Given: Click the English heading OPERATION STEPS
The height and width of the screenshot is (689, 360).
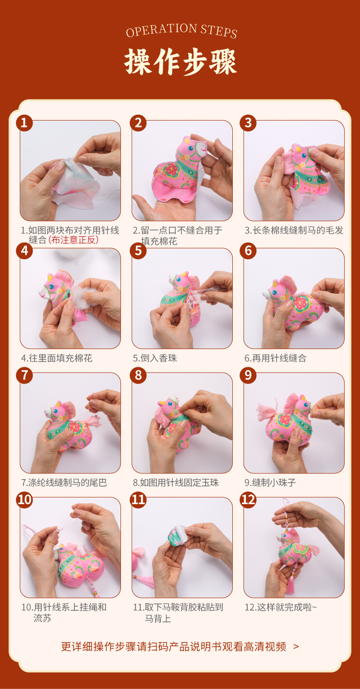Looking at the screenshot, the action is [181, 31].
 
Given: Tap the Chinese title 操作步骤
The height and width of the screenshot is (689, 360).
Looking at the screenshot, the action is [180, 62].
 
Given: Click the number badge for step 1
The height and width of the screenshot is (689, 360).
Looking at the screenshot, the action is [24, 123].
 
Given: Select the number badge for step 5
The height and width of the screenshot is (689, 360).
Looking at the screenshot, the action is [138, 251].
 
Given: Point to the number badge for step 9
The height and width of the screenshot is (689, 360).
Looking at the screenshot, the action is [248, 375].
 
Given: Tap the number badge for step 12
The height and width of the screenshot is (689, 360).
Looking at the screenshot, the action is [248, 500].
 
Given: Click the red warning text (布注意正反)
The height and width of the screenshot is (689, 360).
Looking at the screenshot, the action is [73, 240].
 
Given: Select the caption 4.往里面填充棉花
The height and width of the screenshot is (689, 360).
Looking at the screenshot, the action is [57, 358].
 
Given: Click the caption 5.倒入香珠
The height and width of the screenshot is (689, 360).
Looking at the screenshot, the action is [155, 358].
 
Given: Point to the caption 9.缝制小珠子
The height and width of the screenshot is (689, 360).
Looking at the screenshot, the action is [270, 482].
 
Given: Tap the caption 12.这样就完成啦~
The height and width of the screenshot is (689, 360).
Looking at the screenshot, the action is [280, 607].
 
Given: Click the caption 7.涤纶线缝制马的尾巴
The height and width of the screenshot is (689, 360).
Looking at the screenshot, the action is [64, 482].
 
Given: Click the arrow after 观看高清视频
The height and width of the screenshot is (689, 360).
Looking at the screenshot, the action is [296, 647].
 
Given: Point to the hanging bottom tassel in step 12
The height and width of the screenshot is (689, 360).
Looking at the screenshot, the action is [290, 583].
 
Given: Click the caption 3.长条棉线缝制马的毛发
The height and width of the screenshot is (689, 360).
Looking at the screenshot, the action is [294, 230].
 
